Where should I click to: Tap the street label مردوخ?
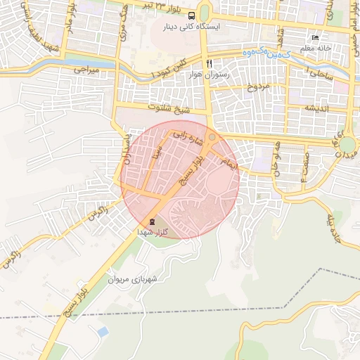pos(257,88)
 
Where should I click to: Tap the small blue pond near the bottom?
pos(103,330)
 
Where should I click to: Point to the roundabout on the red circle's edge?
pos(212,137)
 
